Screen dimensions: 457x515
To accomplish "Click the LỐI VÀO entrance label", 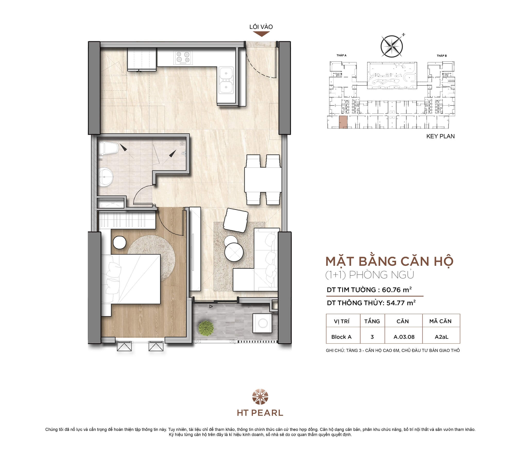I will [x=261, y=27].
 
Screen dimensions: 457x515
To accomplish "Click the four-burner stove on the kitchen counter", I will [x=184, y=57].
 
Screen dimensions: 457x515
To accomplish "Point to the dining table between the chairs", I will [x=263, y=179].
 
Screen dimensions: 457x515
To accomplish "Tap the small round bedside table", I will [x=119, y=243].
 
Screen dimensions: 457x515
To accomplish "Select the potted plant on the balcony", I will [x=206, y=328].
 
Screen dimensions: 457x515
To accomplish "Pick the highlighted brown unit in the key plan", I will [x=343, y=122].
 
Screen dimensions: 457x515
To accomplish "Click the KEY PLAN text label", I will [x=440, y=136].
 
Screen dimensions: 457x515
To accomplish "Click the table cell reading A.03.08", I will [x=404, y=337].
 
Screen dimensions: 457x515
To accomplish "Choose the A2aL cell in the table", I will [x=441, y=337].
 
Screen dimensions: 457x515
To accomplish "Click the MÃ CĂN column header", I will [x=440, y=321].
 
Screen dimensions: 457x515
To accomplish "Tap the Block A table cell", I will [x=341, y=337].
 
